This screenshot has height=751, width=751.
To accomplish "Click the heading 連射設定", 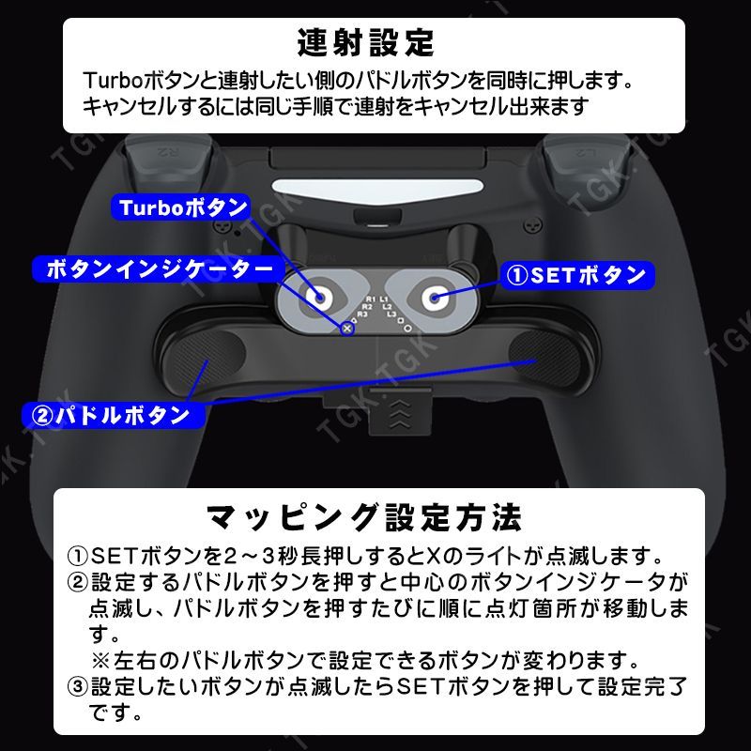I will pos(365,41).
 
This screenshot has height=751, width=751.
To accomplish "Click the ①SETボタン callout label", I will pos(575,274).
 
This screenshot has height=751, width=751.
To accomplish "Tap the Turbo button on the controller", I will pos(320,298).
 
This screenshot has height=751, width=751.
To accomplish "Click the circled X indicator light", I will pos(346,328).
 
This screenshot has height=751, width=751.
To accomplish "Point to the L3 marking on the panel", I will pos(391,314).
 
